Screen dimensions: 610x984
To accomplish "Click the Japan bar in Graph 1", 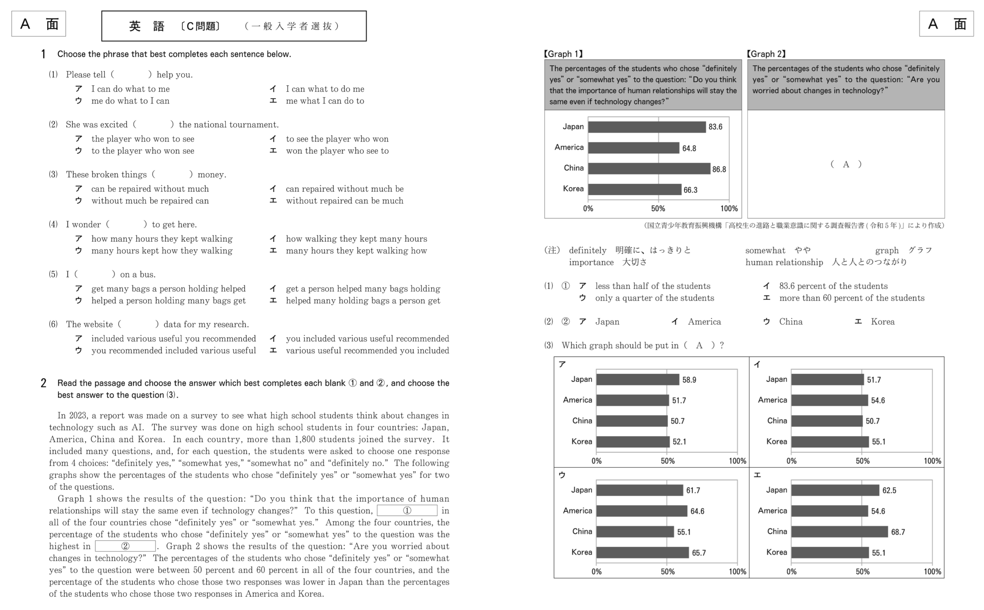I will (646, 127).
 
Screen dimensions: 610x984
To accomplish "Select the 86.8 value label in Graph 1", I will (719, 170).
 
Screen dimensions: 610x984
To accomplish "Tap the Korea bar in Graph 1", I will (634, 190).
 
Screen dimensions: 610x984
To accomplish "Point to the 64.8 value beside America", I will (689, 148).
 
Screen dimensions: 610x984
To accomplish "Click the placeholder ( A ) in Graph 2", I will (845, 164).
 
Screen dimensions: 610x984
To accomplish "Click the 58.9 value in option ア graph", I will (689, 380).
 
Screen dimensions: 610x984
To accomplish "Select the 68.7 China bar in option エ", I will (839, 532).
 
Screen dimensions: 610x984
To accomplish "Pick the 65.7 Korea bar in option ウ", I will (642, 553).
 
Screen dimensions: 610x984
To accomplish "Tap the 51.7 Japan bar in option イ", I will (827, 380).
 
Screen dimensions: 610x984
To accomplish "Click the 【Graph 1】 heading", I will (563, 54).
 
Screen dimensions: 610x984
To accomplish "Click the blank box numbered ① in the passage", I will (407, 511).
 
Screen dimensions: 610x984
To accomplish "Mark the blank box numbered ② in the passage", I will (125, 546).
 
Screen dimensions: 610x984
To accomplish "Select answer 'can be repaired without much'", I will (150, 189).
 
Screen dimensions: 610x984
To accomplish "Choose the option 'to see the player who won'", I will (337, 139).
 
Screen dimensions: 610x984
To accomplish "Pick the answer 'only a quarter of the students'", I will (654, 298).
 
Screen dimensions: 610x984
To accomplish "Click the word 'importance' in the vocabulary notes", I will (591, 262).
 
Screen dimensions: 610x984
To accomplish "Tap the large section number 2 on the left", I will (43, 383).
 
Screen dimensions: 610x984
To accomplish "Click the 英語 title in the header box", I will (147, 26).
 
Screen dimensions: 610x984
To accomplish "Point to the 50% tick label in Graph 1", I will (658, 208).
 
